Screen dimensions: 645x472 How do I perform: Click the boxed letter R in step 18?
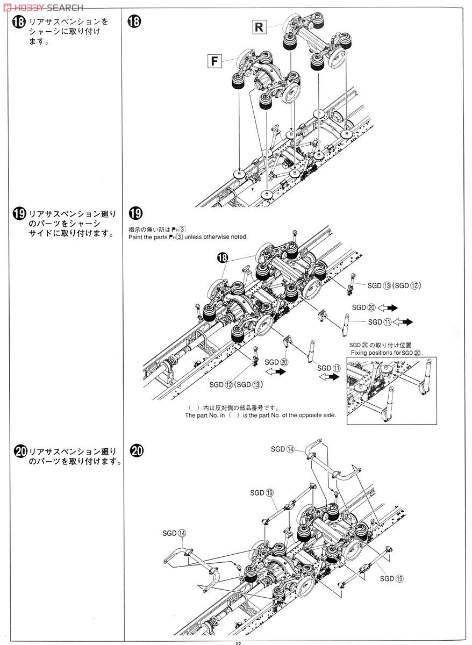point(259,27)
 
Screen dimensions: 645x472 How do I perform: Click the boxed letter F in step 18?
point(214,61)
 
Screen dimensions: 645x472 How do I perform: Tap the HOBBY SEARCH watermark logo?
point(42,7)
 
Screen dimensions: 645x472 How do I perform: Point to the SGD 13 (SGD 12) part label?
point(394,285)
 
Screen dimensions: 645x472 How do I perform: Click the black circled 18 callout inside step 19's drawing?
point(223,259)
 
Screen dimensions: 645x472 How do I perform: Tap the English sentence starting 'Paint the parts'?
point(188,237)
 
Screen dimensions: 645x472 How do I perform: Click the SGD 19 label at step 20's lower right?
point(391,578)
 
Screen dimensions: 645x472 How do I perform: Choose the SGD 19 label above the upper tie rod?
point(262,492)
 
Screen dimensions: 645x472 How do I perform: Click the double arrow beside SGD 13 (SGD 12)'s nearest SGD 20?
point(387,307)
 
